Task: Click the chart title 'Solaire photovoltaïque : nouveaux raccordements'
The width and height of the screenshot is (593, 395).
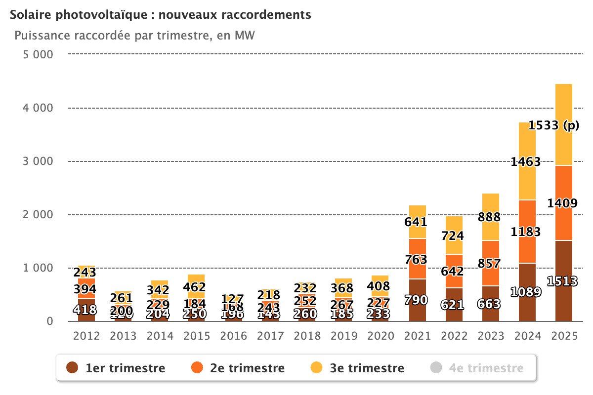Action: coord(161,15)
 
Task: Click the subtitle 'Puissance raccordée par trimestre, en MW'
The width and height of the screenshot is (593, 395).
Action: coord(134,36)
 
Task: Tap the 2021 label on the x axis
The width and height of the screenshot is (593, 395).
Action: coord(418,336)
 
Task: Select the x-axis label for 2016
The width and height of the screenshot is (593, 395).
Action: coord(234,336)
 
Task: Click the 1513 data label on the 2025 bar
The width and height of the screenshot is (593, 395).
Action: coord(563,281)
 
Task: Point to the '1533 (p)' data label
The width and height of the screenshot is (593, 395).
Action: coord(553,126)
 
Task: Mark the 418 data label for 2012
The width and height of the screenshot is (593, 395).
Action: coord(86,310)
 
